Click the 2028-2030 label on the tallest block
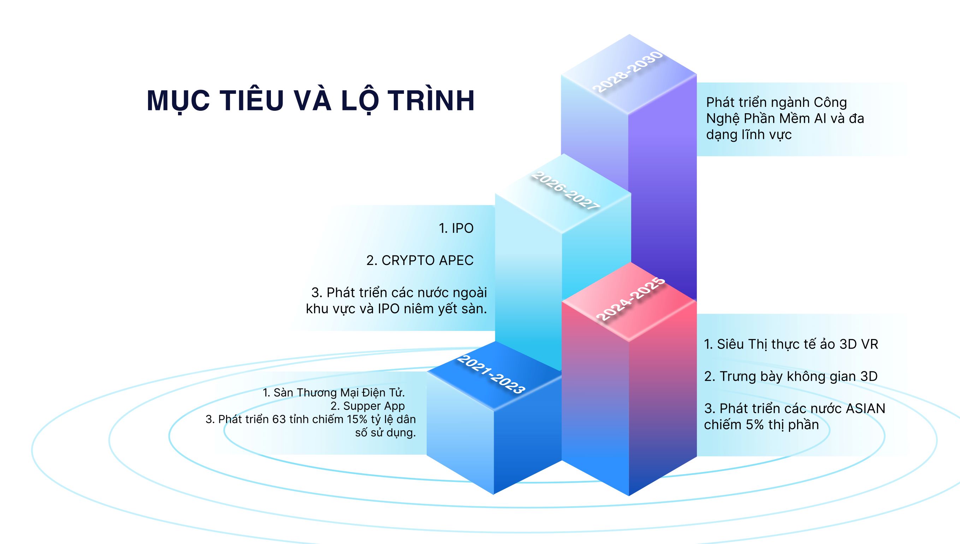[x=629, y=72]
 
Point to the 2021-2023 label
[x=491, y=374]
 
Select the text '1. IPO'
[x=456, y=228]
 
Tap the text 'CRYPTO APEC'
[x=427, y=260]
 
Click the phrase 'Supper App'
[x=374, y=406]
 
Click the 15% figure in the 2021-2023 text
[x=357, y=419]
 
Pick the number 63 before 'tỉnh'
[x=279, y=419]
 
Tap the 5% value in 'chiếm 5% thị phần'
[x=754, y=425]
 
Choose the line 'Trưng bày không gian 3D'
[x=798, y=376]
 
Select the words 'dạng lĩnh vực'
[x=749, y=134]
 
